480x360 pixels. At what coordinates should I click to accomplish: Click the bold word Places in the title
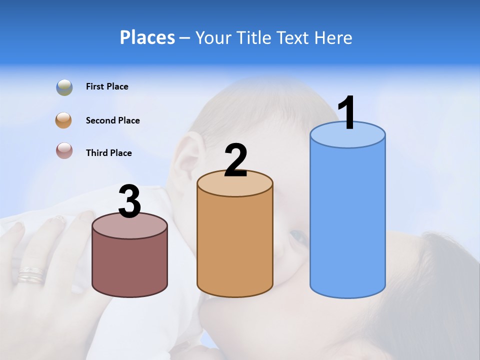coord(147,37)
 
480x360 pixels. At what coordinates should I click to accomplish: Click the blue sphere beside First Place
coord(64,87)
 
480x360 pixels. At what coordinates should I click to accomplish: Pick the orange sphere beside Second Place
coord(64,120)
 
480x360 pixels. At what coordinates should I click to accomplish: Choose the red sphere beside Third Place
coord(64,150)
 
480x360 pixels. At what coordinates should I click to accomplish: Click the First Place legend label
coord(107,86)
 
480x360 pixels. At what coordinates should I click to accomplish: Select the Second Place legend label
coord(112,120)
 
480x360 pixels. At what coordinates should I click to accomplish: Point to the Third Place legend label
coord(108,153)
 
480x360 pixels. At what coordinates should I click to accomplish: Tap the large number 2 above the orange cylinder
coord(235,160)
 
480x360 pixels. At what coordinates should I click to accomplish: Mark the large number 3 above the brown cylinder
coord(129,201)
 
